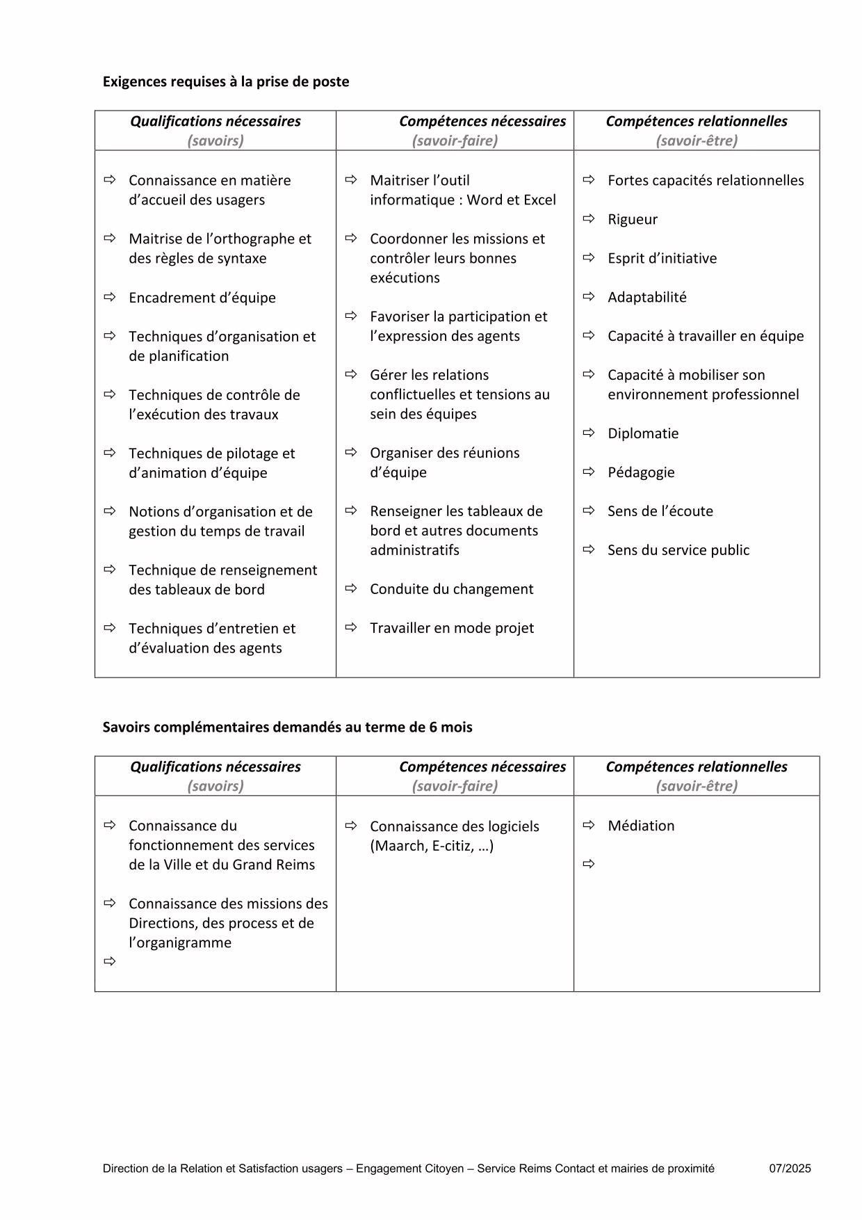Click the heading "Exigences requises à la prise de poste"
tap(225, 81)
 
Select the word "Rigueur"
tap(632, 219)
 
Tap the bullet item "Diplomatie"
tap(642, 433)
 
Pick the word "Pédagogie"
tap(640, 472)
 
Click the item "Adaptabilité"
tap(646, 297)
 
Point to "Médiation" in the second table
tap(640, 826)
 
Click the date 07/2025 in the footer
tap(790, 1169)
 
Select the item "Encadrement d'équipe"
tap(202, 298)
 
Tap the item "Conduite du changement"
tap(451, 589)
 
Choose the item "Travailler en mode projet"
tap(451, 628)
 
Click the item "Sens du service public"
tap(678, 550)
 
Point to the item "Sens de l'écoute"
tap(660, 511)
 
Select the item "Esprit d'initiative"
tap(662, 258)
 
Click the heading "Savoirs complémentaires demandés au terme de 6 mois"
tap(287, 727)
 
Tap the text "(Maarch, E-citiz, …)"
tap(432, 846)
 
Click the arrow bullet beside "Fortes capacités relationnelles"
tap(589, 180)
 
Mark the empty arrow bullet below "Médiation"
tap(589, 865)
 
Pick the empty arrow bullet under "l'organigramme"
tap(109, 962)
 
